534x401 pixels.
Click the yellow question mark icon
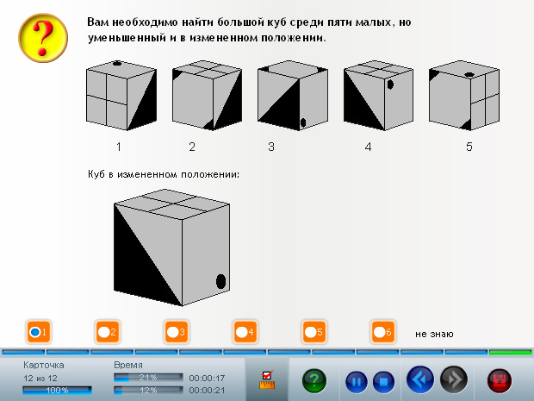(43, 38)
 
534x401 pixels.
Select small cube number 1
(121, 96)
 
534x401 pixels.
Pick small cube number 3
(293, 96)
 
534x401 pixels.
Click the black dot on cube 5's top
(469, 75)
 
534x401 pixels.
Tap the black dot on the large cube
(221, 281)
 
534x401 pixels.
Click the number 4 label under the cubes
(368, 147)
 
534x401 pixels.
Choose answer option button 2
(108, 332)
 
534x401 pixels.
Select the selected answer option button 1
(39, 332)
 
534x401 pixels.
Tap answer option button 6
(383, 332)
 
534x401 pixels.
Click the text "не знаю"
(434, 334)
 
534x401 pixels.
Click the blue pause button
(357, 381)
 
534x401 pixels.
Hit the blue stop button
(383, 381)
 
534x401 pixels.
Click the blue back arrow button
(420, 379)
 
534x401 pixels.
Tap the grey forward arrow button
(454, 379)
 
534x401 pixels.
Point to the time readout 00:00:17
(207, 379)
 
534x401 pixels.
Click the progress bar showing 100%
(57, 391)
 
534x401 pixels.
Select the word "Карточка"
(44, 365)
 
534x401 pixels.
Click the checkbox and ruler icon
(267, 379)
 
